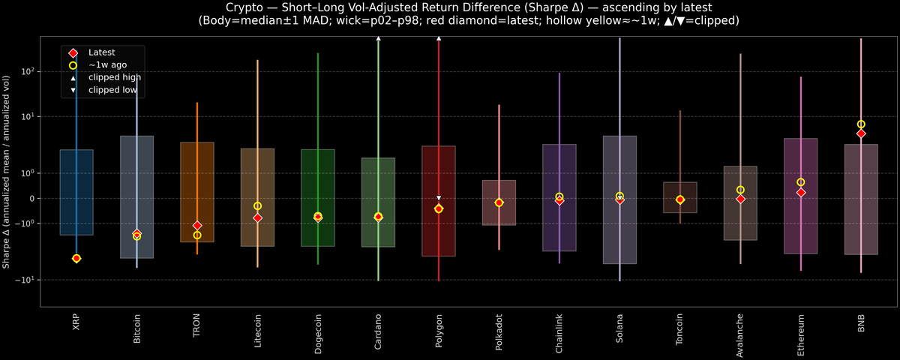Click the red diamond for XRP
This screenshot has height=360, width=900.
pyautogui.click(x=76, y=258)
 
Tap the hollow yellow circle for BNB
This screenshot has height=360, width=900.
pyautogui.click(x=861, y=124)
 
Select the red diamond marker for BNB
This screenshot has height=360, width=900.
pyautogui.click(x=861, y=133)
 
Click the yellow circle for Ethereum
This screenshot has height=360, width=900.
pyautogui.click(x=801, y=182)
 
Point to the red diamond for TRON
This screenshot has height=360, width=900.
pyautogui.click(x=197, y=226)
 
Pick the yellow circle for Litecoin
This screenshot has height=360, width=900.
pyautogui.click(x=257, y=206)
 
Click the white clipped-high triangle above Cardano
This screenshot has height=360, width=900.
pyautogui.click(x=379, y=37)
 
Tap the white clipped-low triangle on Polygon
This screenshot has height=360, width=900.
pyautogui.click(x=439, y=198)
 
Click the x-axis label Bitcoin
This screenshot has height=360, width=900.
pyautogui.click(x=136, y=328)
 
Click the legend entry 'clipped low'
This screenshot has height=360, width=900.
pyautogui.click(x=112, y=89)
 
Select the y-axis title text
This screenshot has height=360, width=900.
pyautogui.click(x=6, y=172)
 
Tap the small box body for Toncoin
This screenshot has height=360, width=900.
pyautogui.click(x=680, y=197)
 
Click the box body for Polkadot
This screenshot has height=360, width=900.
pyautogui.click(x=499, y=202)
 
